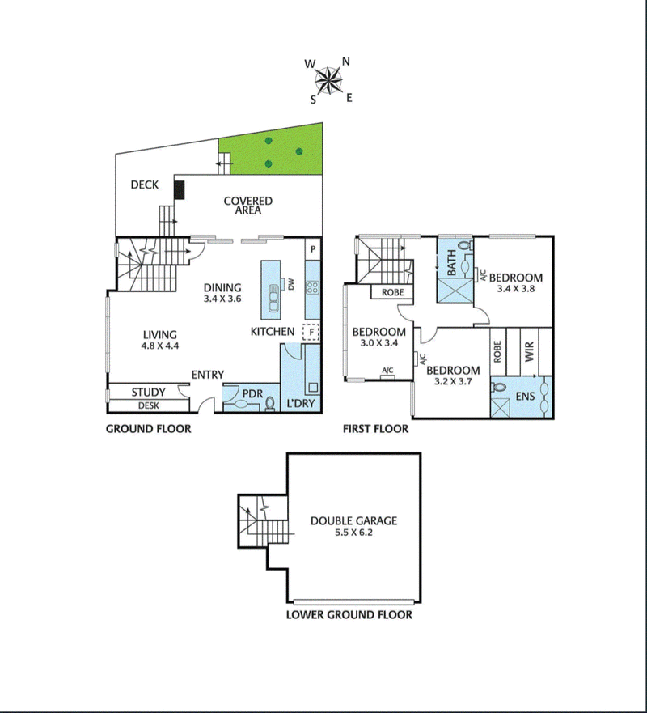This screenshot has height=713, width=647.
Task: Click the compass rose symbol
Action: pyautogui.click(x=328, y=81)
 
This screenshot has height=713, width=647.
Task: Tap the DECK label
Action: pyautogui.click(x=145, y=185)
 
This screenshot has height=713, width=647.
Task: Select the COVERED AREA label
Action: pyautogui.click(x=248, y=206)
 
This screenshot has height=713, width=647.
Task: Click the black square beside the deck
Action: pyautogui.click(x=180, y=189)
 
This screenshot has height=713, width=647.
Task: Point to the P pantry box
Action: pyautogui.click(x=313, y=248)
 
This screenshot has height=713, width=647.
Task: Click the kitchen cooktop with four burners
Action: pyautogui.click(x=313, y=287)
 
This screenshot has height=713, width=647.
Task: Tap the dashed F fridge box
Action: pyautogui.click(x=311, y=332)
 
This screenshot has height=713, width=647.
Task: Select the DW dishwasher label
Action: pyautogui.click(x=291, y=284)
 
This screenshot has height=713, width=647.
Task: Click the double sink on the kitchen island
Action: pyautogui.click(x=273, y=297)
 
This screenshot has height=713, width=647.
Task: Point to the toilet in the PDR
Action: pyautogui.click(x=270, y=404)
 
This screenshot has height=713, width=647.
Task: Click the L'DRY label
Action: pyautogui.click(x=301, y=403)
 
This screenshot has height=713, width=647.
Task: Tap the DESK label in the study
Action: pyautogui.click(x=149, y=405)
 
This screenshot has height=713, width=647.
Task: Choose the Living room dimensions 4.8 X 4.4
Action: pyautogui.click(x=160, y=346)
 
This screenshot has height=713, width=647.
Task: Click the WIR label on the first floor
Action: pyautogui.click(x=530, y=352)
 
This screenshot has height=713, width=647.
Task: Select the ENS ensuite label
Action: pyautogui.click(x=525, y=397)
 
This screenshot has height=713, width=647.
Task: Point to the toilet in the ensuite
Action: pyautogui.click(x=498, y=388)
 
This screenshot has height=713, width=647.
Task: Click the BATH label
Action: pyautogui.click(x=451, y=263)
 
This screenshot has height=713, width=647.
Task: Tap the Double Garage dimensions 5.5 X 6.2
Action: pyautogui.click(x=354, y=533)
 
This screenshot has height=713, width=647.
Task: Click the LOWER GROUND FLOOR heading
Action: pyautogui.click(x=349, y=615)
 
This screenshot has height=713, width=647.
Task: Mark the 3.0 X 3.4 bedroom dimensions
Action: pyautogui.click(x=379, y=343)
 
